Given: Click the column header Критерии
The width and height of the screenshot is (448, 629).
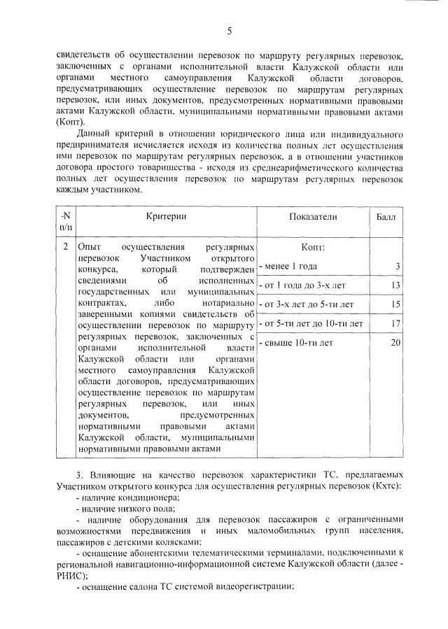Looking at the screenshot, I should click(166, 217).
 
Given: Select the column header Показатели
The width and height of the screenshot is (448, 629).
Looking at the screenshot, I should click(312, 217).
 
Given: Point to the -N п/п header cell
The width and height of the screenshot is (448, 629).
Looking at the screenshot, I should click(64, 222).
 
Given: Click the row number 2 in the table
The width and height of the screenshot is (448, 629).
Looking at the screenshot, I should click(65, 247).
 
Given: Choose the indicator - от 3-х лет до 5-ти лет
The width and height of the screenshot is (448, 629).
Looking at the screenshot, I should click(307, 304).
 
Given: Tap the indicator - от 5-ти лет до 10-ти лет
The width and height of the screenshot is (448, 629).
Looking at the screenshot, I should click(311, 323).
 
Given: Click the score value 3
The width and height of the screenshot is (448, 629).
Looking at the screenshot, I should click(397, 267).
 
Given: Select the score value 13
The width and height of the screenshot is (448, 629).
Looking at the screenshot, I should click(395, 285).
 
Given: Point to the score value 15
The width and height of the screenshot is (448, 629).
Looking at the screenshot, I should click(395, 304).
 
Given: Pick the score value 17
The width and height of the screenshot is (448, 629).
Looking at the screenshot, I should click(395, 323).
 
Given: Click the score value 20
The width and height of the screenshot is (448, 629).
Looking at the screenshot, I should click(395, 343).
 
